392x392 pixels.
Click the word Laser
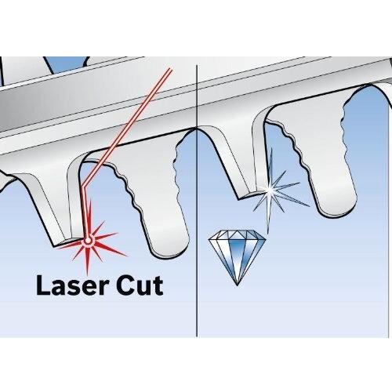[x=72, y=285]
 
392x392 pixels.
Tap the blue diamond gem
[x=238, y=257]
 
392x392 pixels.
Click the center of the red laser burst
[x=88, y=241]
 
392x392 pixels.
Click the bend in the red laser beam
[x=84, y=187]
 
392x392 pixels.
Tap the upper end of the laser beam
[x=170, y=69]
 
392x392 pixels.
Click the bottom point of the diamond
[x=237, y=285]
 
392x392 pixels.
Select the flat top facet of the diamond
[x=238, y=234]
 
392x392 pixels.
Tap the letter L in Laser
[x=43, y=285]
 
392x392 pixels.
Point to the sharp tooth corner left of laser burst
[x=54, y=246]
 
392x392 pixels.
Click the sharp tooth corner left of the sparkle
[x=238, y=200]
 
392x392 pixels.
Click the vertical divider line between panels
[x=197, y=201]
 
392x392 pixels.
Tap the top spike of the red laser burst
[x=90, y=200]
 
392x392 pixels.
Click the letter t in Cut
[x=158, y=286]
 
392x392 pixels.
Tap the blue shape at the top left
[x=67, y=64]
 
